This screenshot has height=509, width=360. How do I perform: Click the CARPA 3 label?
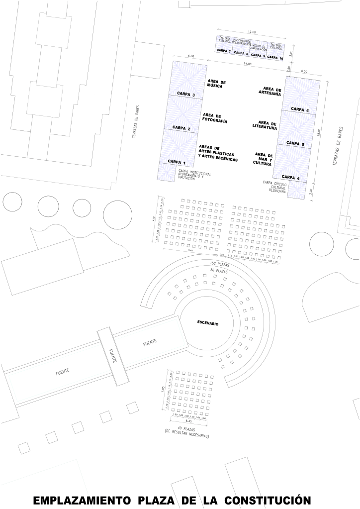point(187,95)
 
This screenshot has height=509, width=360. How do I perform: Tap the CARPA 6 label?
point(300,109)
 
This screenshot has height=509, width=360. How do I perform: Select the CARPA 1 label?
point(177,162)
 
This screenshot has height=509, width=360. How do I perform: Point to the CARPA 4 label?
point(291,178)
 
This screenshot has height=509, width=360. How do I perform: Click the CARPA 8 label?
point(241,53)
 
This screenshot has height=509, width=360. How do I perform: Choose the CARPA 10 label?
point(275,58)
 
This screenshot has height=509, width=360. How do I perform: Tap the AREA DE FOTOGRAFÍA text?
point(215,118)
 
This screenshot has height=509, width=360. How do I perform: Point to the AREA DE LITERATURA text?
point(268,125)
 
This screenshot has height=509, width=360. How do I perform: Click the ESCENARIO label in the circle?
point(207,323)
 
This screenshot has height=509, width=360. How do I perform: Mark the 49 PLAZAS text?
point(187,428)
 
